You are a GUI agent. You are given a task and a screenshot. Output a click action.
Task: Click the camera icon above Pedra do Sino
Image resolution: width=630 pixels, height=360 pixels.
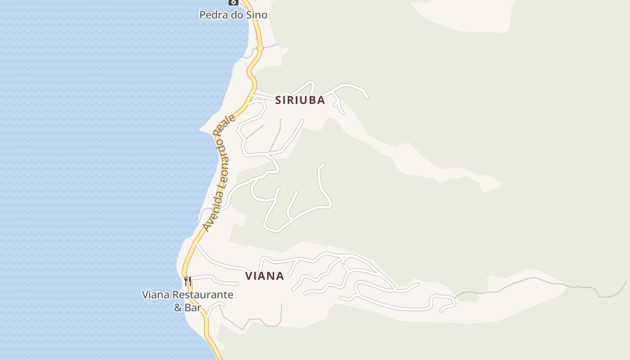233,2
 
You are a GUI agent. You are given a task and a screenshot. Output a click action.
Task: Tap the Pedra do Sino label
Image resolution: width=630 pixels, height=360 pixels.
233,15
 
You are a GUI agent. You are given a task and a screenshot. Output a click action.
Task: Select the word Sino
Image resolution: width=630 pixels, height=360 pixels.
256,15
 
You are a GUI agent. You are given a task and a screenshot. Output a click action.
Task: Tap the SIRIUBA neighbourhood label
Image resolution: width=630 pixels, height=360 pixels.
300,100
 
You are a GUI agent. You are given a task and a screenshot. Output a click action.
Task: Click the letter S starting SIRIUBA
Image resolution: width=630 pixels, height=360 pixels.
279,100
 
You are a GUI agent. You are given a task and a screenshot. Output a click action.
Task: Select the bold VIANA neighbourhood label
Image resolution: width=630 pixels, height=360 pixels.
265,276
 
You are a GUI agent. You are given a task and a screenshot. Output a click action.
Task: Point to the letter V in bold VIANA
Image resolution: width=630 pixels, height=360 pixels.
249,276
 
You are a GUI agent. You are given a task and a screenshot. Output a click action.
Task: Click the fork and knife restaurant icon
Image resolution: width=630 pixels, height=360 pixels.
188,281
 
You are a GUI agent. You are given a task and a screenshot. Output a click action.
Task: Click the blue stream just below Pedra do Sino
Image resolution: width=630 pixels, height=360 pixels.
269,46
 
